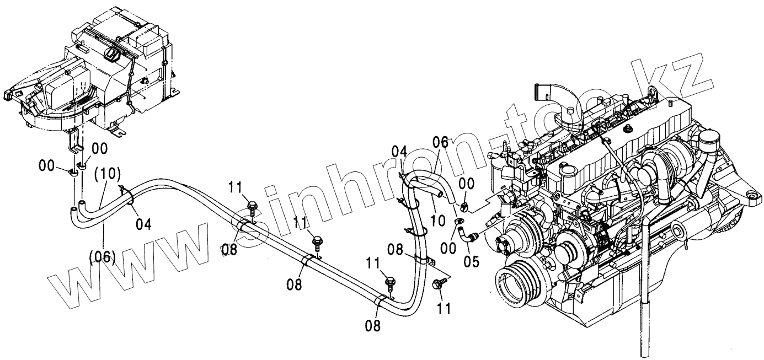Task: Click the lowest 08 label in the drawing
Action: pyautogui.click(x=373, y=326)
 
